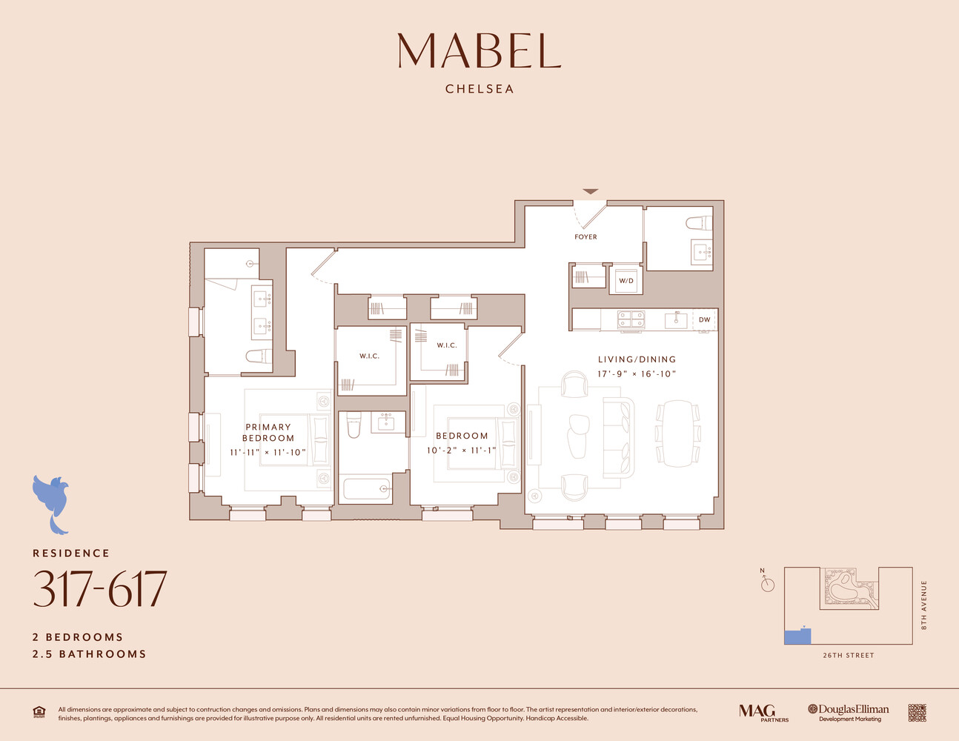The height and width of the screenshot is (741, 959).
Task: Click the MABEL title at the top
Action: pyautogui.click(x=479, y=51)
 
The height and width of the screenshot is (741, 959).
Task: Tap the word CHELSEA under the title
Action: pyautogui.click(x=479, y=89)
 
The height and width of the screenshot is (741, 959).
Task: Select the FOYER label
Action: pyautogui.click(x=585, y=237)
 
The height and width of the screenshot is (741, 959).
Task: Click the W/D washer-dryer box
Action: pyautogui.click(x=626, y=281)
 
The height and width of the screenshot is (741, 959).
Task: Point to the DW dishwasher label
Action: pyautogui.click(x=704, y=320)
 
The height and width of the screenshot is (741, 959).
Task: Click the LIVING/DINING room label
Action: pyautogui.click(x=637, y=359)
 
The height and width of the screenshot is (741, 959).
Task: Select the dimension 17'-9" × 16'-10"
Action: pyautogui.click(x=637, y=374)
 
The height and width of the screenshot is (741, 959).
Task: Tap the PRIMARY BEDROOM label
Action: pyautogui.click(x=268, y=432)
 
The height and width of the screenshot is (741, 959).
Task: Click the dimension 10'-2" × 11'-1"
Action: pyautogui.click(x=461, y=451)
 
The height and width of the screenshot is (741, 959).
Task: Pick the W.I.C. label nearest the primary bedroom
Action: pyautogui.click(x=369, y=356)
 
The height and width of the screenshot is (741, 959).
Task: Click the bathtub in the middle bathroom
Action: pyautogui.click(x=366, y=489)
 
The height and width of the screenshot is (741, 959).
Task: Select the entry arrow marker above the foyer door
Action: pyautogui.click(x=590, y=192)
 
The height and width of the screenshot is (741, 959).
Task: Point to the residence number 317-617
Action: pyautogui.click(x=100, y=590)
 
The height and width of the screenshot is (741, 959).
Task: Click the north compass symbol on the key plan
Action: pyautogui.click(x=767, y=584)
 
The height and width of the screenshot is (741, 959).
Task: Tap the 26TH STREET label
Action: pyautogui.click(x=849, y=656)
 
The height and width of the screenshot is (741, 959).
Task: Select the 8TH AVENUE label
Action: pyautogui.click(x=924, y=605)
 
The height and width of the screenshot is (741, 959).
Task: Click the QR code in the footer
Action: pyautogui.click(x=917, y=713)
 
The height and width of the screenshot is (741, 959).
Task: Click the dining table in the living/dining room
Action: pyautogui.click(x=677, y=433)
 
